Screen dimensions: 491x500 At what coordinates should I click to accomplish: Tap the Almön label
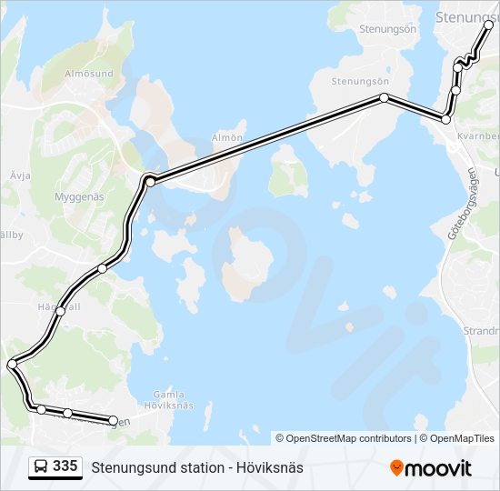[x=227, y=138]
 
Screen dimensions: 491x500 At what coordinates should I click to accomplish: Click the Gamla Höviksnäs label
[x=169, y=400]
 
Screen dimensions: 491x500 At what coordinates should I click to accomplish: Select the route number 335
[x=65, y=466]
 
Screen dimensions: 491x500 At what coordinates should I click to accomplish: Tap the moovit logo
[x=431, y=468]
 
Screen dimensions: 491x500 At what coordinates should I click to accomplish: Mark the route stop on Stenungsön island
[x=385, y=97]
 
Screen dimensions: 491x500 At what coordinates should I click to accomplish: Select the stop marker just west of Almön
[x=150, y=182]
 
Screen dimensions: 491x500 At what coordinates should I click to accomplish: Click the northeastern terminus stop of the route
[x=489, y=25]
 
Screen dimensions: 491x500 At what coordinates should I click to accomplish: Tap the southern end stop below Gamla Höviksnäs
[x=114, y=420]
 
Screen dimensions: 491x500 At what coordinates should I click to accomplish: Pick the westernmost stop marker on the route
[x=12, y=365]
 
